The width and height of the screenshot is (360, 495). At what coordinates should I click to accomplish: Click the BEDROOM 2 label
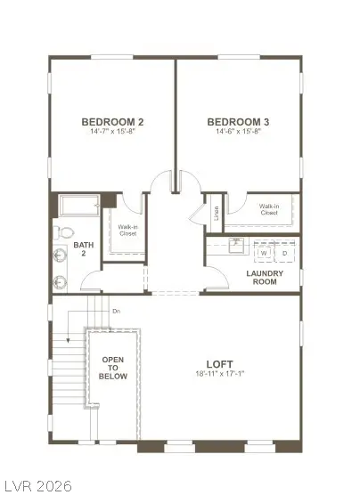tap(112, 122)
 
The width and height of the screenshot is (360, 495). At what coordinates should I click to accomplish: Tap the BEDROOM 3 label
tap(238, 122)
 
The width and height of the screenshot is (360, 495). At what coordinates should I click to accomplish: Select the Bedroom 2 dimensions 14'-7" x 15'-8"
tap(112, 132)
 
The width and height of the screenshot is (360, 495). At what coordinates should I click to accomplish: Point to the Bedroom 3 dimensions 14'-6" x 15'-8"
tap(238, 132)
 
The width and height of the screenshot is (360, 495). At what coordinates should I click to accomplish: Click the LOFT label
tap(219, 363)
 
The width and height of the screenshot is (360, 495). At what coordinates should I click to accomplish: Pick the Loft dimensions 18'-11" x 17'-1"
tap(219, 374)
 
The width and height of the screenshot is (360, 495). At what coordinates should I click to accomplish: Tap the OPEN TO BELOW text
tap(114, 368)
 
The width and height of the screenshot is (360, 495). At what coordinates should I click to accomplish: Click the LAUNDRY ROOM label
tap(264, 277)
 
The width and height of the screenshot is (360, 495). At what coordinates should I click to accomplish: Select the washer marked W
tap(264, 252)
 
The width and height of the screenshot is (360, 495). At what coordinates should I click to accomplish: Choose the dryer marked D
tap(285, 252)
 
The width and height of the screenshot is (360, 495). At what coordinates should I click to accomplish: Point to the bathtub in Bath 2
tap(78, 207)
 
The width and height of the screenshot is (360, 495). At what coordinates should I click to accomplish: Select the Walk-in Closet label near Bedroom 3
tap(268, 210)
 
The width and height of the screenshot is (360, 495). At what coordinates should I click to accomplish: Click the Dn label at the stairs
tap(116, 311)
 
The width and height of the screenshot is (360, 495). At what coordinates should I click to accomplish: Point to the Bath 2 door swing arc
tap(91, 279)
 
